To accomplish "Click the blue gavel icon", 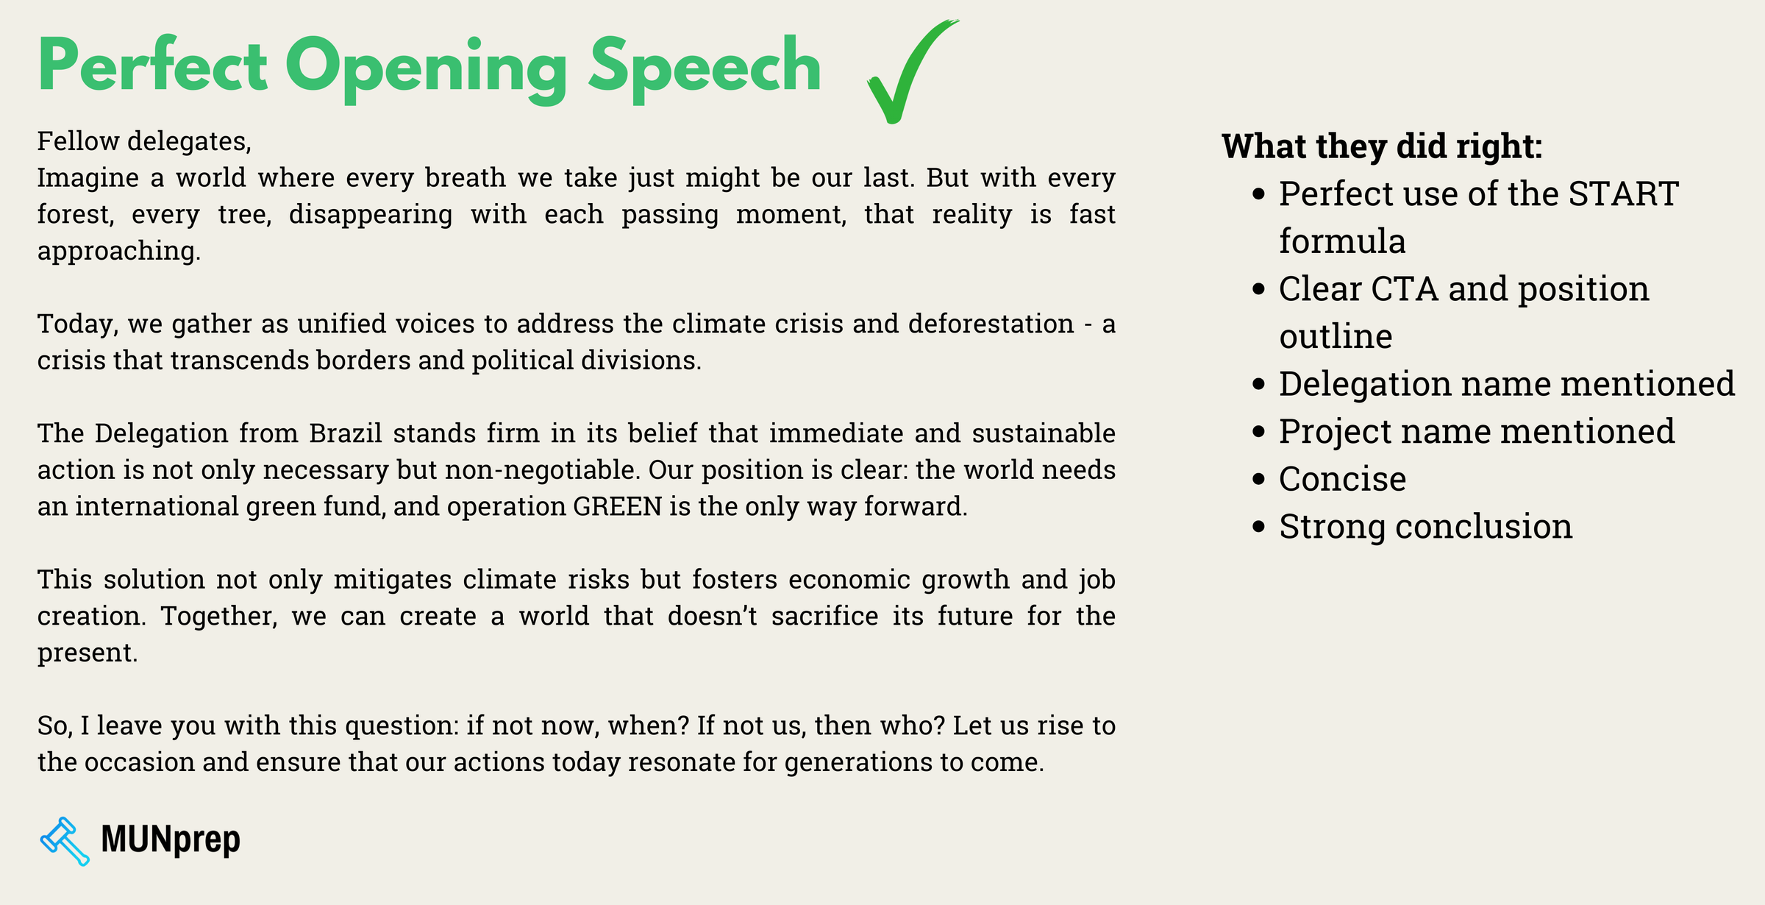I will [65, 841].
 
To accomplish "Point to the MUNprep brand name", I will [170, 840].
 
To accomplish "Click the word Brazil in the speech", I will [346, 433].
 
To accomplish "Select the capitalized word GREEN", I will [617, 507].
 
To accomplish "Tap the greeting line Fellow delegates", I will [144, 141].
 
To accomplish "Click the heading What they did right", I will [1381, 146].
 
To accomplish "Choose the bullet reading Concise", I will [1342, 479].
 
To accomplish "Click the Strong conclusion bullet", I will [1425, 527].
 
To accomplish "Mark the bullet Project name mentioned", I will [1476, 432].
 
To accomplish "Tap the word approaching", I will [118, 252].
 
